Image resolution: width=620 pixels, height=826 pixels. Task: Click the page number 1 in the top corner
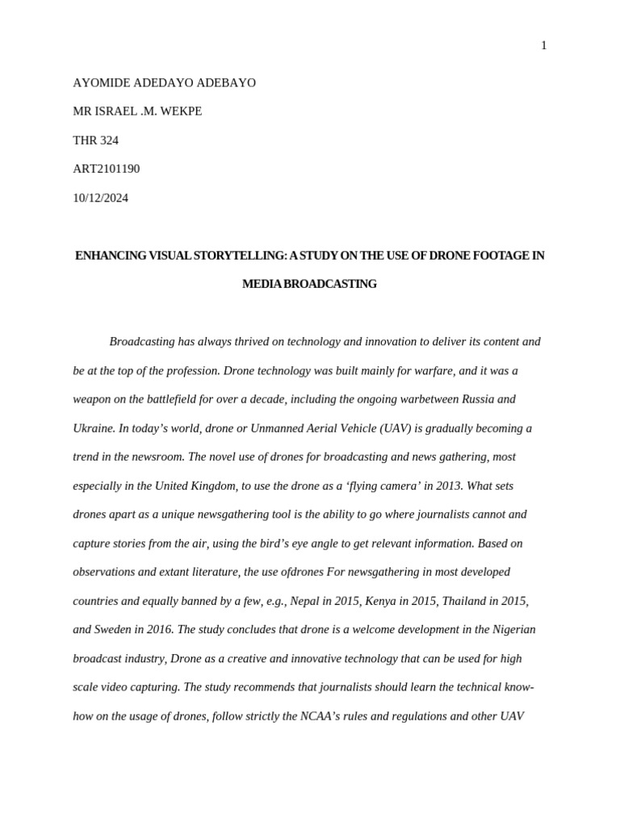543,46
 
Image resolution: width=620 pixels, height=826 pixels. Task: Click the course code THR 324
95,140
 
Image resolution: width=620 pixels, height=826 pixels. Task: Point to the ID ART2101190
106,169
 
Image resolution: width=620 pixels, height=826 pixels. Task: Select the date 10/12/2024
100,198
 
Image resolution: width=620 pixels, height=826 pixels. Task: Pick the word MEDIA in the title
260,284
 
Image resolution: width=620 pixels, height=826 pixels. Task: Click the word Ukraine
94,428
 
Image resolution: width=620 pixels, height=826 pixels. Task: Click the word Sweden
116,630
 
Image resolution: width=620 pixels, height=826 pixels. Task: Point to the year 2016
158,630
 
